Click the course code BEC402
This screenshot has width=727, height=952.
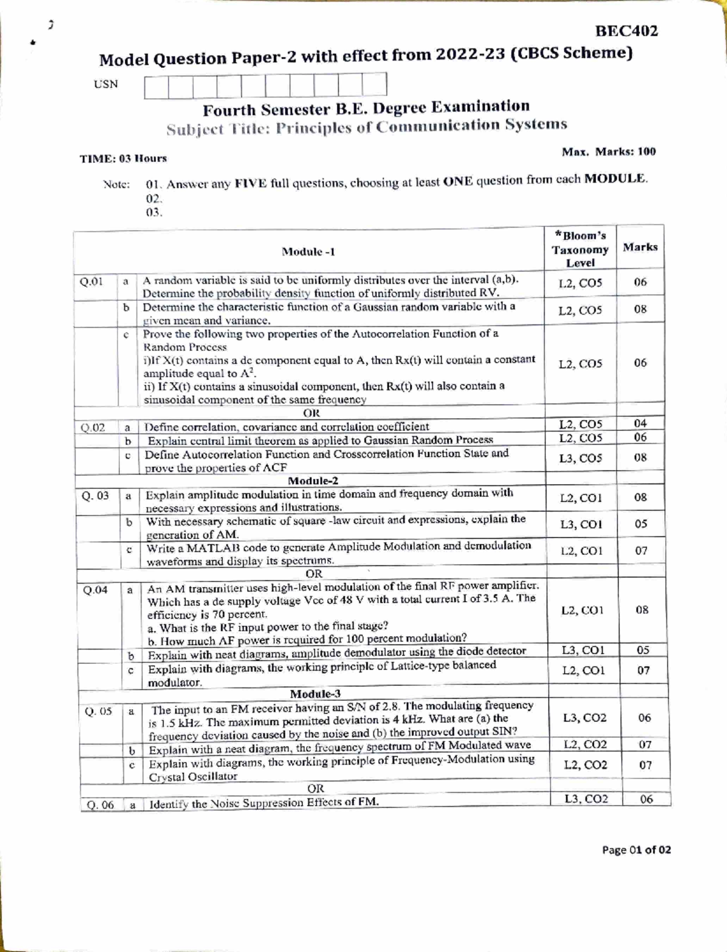coord(626,31)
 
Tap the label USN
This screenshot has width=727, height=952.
coord(106,84)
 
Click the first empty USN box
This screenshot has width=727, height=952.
coord(156,86)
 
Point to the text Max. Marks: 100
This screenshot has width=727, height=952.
coord(608,151)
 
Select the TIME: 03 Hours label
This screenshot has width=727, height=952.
coord(123,159)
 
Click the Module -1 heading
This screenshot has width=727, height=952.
coord(308,252)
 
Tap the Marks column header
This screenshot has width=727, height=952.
coord(640,247)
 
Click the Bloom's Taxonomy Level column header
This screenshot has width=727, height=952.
coord(580,249)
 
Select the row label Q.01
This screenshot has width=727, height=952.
coord(91,281)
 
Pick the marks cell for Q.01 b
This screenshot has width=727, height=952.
coord(640,309)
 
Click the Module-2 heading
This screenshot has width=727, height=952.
coord(313,481)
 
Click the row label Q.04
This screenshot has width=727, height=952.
coord(96,590)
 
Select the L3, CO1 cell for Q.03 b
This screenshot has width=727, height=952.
coord(581,524)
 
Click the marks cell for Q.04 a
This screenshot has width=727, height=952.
coord(642,610)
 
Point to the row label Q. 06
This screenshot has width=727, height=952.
coord(100,805)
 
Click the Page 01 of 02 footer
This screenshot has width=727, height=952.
coord(636,850)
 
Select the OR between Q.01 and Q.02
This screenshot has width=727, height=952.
coord(311,413)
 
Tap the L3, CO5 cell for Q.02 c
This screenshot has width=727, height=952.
coord(580,458)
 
